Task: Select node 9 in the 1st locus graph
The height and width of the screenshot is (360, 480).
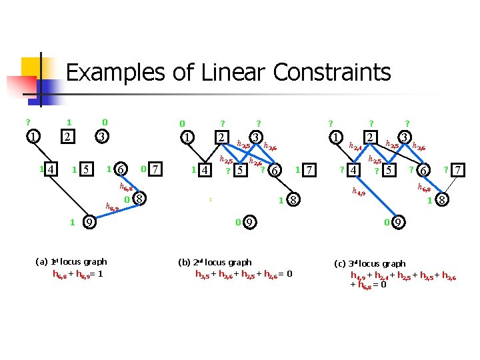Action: [88, 223]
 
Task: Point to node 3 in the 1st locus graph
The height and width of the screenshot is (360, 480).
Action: [101, 137]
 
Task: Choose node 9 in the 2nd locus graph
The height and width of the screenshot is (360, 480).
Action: [248, 223]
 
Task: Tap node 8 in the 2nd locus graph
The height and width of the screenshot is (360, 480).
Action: [293, 199]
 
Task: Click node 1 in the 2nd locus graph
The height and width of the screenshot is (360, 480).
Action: [188, 137]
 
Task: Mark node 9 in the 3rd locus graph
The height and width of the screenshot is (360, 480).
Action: [397, 223]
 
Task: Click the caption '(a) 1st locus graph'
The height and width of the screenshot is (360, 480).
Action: [71, 262]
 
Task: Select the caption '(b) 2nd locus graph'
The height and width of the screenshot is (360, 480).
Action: [216, 263]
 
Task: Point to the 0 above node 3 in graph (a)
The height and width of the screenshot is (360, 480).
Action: [104, 123]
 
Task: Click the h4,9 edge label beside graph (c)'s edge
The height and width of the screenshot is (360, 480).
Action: [359, 193]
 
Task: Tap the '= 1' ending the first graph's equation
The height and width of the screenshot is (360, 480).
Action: [98, 273]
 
